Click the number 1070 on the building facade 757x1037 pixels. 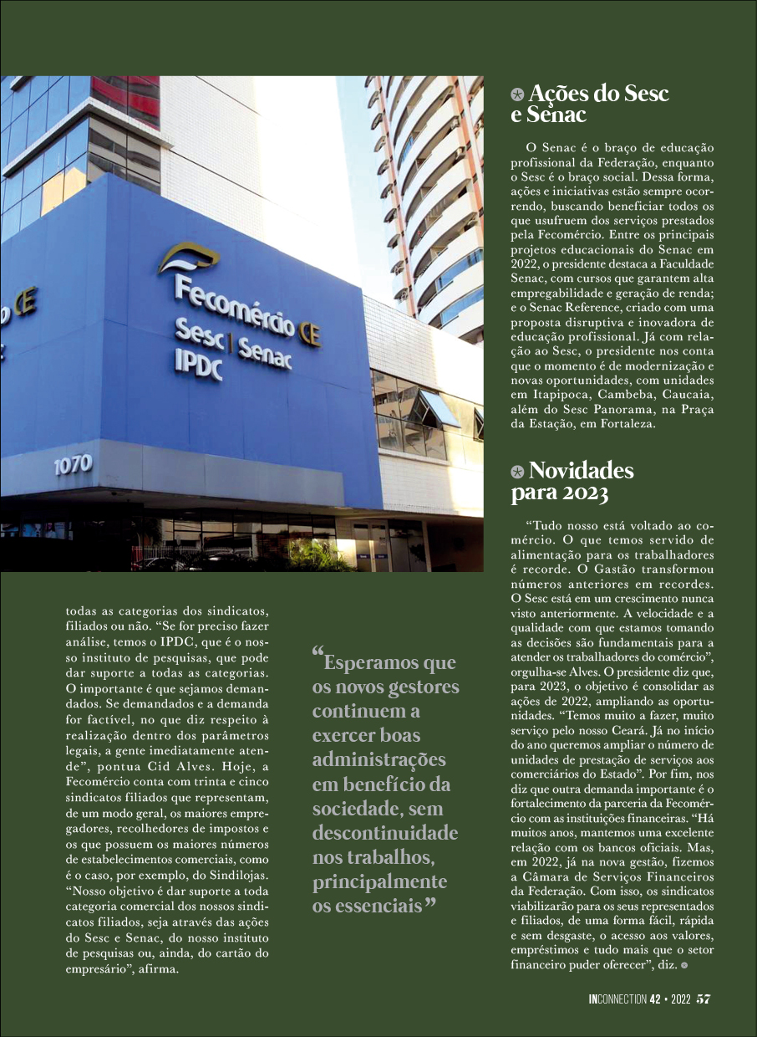point(73,464)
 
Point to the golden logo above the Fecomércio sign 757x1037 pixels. point(189,257)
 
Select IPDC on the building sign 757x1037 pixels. point(197,365)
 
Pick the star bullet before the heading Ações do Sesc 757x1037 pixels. point(518,95)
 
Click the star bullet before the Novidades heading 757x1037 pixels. point(518,473)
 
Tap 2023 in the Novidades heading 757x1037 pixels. point(584,493)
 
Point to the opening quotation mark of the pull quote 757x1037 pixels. point(318,655)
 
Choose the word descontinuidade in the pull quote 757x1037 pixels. point(384,834)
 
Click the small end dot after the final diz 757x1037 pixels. point(684,965)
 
